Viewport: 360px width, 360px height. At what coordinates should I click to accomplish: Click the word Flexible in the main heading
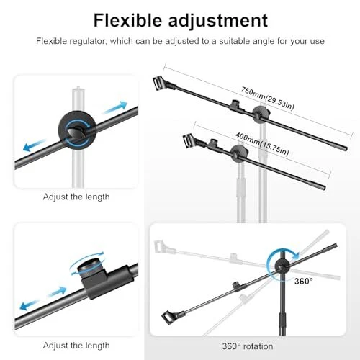click(127, 20)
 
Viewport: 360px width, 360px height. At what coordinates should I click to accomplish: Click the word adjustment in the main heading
click(218, 22)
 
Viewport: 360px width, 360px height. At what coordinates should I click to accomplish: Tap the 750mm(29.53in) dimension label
click(267, 98)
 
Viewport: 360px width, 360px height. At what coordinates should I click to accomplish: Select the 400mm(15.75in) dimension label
click(262, 143)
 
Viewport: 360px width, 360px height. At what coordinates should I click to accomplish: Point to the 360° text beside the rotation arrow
click(304, 281)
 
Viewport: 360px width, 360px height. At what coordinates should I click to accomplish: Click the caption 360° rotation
click(248, 346)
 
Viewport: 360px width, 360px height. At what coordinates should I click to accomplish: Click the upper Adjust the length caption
click(76, 197)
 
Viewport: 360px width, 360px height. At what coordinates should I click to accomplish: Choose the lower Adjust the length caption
click(76, 346)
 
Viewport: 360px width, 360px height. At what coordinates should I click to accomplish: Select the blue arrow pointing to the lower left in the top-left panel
click(35, 145)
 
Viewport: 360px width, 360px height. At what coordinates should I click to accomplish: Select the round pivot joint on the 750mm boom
click(261, 113)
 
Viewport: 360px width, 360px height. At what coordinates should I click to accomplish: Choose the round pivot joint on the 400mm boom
click(239, 153)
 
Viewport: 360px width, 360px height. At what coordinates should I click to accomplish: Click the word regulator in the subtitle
click(87, 41)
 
